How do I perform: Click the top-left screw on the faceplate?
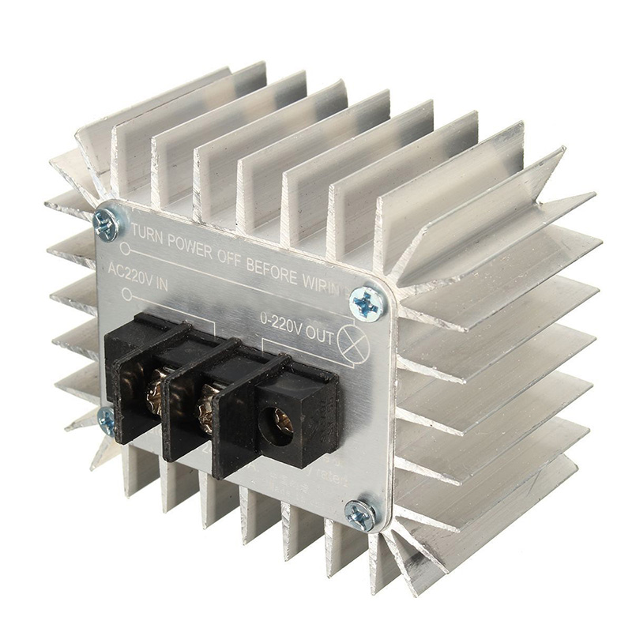pos(106,224)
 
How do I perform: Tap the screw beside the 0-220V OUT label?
pos(367,302)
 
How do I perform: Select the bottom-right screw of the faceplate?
pos(362,514)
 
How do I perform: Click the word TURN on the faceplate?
pos(149,231)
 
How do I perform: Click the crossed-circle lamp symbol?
pos(348,342)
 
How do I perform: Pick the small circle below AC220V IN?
pos(126,295)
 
